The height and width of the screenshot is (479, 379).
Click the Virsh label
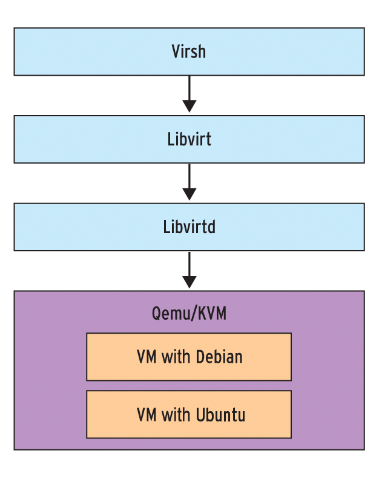tap(189, 51)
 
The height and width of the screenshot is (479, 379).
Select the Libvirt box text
tap(189, 139)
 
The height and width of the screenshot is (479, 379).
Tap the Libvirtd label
tap(189, 227)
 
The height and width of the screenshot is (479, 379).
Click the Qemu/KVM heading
tap(189, 314)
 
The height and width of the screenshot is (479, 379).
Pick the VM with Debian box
tap(189, 357)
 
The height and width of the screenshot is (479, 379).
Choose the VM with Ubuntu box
tap(189, 414)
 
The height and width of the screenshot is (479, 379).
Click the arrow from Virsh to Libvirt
tap(189, 93)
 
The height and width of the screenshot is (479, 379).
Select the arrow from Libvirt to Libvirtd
tap(189, 181)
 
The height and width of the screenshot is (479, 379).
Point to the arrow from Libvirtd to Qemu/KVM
tap(189, 269)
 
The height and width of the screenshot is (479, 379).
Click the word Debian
tap(219, 357)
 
